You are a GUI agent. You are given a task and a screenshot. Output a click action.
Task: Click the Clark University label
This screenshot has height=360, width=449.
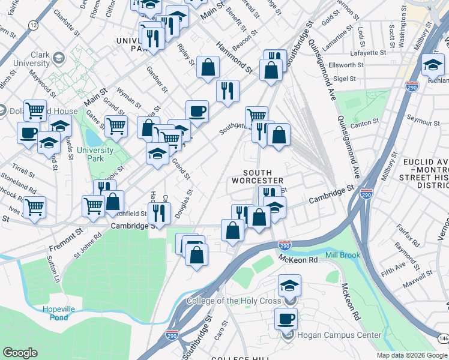32,59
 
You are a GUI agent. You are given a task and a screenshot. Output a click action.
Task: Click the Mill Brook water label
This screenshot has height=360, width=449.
343,255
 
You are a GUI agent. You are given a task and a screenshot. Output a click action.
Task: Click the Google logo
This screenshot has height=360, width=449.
20,352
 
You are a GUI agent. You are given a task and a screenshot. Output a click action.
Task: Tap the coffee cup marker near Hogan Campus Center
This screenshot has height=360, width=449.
286,317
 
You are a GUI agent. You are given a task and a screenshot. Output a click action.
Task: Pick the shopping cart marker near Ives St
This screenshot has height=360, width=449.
34,208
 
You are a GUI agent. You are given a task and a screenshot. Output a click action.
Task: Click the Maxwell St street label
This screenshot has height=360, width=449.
418,278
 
